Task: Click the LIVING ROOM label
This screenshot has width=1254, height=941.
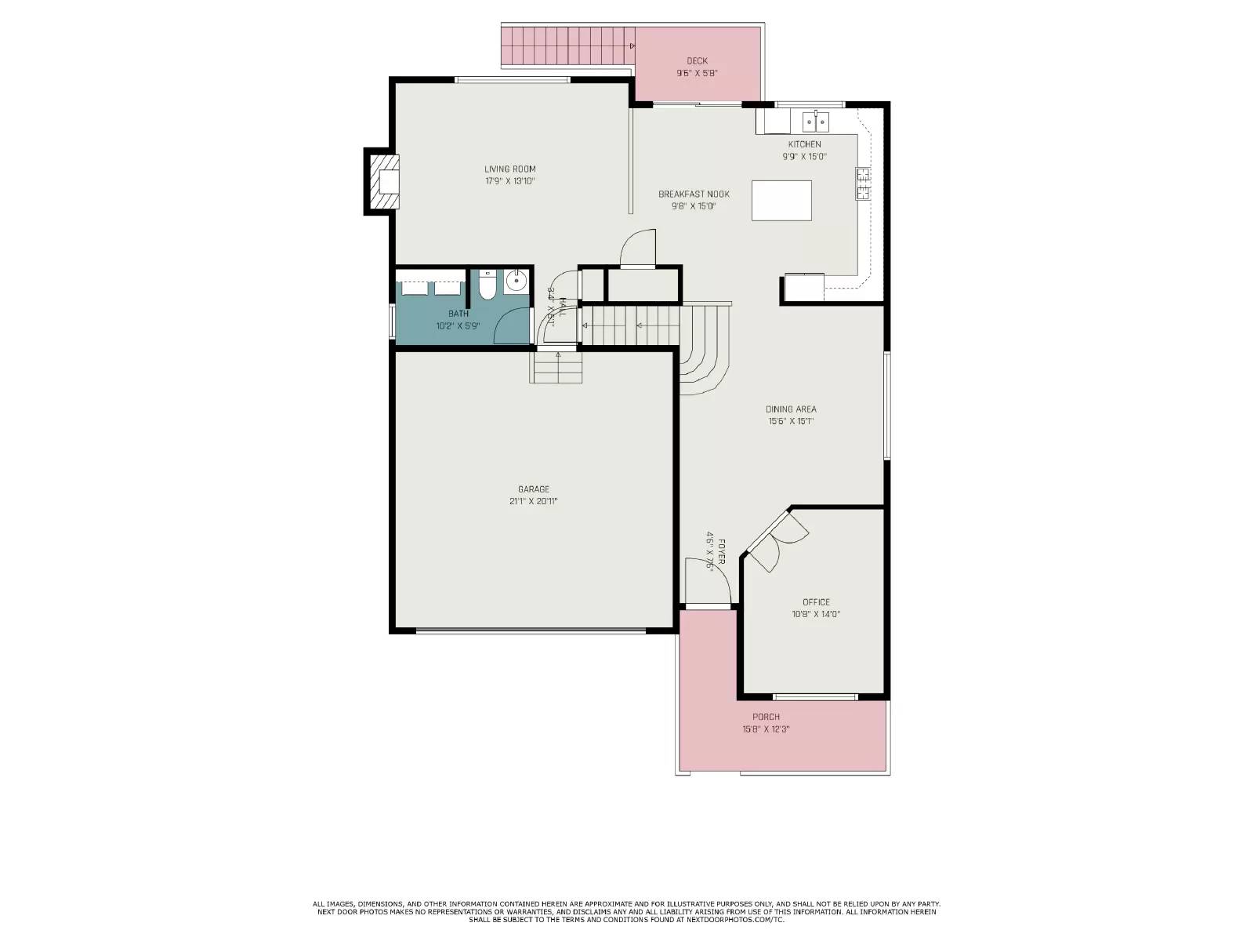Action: [x=509, y=169]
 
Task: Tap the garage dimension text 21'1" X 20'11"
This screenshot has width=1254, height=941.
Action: [x=533, y=501]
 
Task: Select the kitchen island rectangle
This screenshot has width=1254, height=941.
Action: [x=781, y=200]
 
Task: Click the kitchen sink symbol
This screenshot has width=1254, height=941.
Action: [x=816, y=122]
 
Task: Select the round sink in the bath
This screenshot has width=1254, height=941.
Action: [x=516, y=280]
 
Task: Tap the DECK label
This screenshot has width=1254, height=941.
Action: [x=697, y=60]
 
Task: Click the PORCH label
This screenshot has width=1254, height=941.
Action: [x=766, y=717]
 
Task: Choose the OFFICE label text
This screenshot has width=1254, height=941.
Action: [x=816, y=602]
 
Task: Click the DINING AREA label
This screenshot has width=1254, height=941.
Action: [x=791, y=409]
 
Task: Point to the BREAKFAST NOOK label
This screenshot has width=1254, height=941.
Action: [x=694, y=194]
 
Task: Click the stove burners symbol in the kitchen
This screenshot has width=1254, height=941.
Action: [x=863, y=184]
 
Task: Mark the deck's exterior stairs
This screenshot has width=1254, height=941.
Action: [x=566, y=45]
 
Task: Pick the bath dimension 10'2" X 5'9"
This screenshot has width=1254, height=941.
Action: [x=458, y=325]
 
